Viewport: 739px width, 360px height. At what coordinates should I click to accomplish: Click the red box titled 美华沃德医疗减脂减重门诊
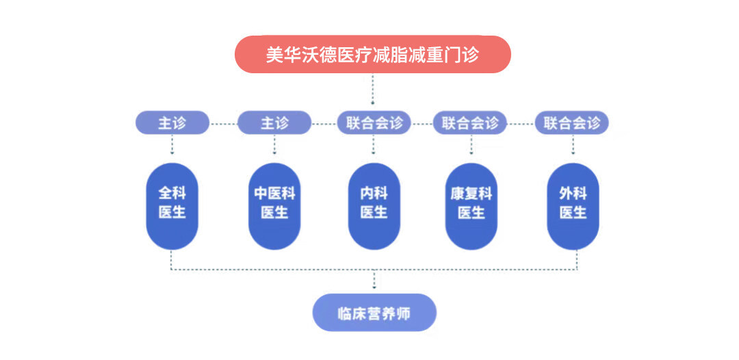tap(373, 55)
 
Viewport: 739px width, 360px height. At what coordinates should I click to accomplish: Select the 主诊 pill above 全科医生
tap(172, 123)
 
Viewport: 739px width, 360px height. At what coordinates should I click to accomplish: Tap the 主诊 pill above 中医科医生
tap(274, 123)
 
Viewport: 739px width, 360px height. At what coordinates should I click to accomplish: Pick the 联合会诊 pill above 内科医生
tap(374, 123)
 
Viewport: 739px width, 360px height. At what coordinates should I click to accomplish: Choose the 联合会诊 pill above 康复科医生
tap(470, 123)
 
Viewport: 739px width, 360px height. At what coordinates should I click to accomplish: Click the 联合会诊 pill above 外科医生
tap(572, 123)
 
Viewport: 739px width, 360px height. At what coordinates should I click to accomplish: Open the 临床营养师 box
tap(374, 313)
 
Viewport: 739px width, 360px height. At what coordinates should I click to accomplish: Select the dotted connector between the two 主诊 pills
tap(223, 124)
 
